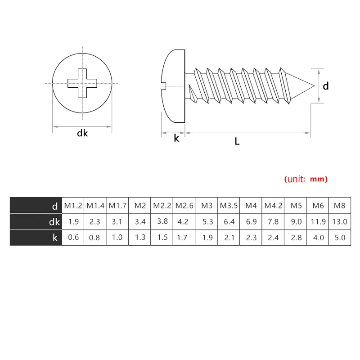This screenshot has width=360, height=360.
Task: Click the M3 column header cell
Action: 207,206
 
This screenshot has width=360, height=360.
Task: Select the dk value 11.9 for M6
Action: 318,221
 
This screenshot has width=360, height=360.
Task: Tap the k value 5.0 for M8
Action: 340,237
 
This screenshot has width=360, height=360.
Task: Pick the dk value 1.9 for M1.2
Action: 73,221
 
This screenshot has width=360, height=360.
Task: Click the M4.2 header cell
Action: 273,206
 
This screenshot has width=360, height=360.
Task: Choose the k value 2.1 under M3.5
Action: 229,237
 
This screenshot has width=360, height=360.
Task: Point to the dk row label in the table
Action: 54,221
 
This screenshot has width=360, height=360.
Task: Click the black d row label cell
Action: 36,206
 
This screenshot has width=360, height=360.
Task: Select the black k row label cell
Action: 36,237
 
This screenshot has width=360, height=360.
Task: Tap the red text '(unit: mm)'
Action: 306,179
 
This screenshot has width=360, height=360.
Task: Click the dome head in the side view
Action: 173,85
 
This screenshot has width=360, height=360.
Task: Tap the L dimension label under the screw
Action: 237,141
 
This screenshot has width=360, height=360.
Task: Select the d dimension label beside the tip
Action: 326,85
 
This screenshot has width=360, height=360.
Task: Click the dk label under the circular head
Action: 82,133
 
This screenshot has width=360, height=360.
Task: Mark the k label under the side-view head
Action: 176,139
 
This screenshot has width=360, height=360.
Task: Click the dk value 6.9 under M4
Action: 251,221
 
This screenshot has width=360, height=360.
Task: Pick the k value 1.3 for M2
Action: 140,237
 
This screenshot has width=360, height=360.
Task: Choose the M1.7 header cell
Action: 117,206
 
